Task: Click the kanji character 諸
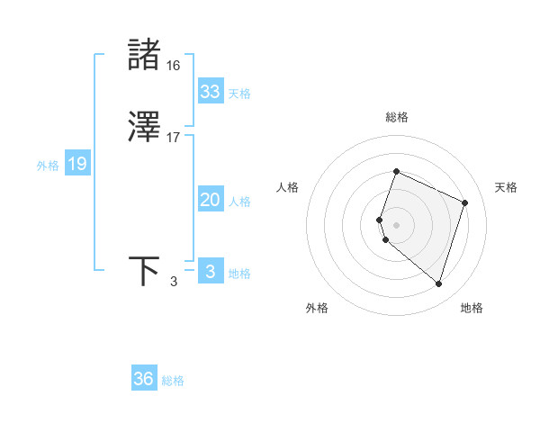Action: pos(144,55)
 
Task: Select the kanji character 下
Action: pos(144,271)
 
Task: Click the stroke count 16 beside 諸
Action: pos(173,66)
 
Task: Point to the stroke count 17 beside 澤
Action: pos(173,139)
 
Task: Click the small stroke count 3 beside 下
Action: pos(174,283)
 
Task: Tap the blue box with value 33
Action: pos(211,92)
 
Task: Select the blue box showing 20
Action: pos(211,200)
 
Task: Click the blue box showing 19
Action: pos(77,164)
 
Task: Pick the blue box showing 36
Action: pos(144,379)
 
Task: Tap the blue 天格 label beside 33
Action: pos(239,94)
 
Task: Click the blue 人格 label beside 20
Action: pos(240,202)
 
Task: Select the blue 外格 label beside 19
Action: pos(48,166)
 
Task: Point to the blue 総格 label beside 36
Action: pos(173,381)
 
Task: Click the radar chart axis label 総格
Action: pos(396,117)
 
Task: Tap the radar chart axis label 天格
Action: pos(506,187)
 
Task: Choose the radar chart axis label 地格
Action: pos(472,308)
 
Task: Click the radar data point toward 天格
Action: pos(465,202)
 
